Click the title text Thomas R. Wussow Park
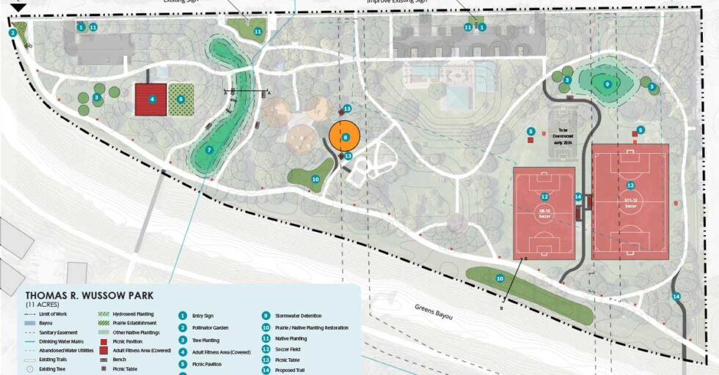[x=89, y=295]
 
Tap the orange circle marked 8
[x=344, y=137]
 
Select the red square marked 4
[x=152, y=99]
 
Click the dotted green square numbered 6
[x=180, y=99]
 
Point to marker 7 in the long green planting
[x=209, y=150]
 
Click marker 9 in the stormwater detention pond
[x=607, y=84]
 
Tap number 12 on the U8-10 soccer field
[x=544, y=196]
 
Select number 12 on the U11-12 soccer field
[x=630, y=185]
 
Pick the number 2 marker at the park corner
[x=12, y=32]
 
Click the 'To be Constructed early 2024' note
[x=563, y=138]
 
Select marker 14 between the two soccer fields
[x=578, y=197]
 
